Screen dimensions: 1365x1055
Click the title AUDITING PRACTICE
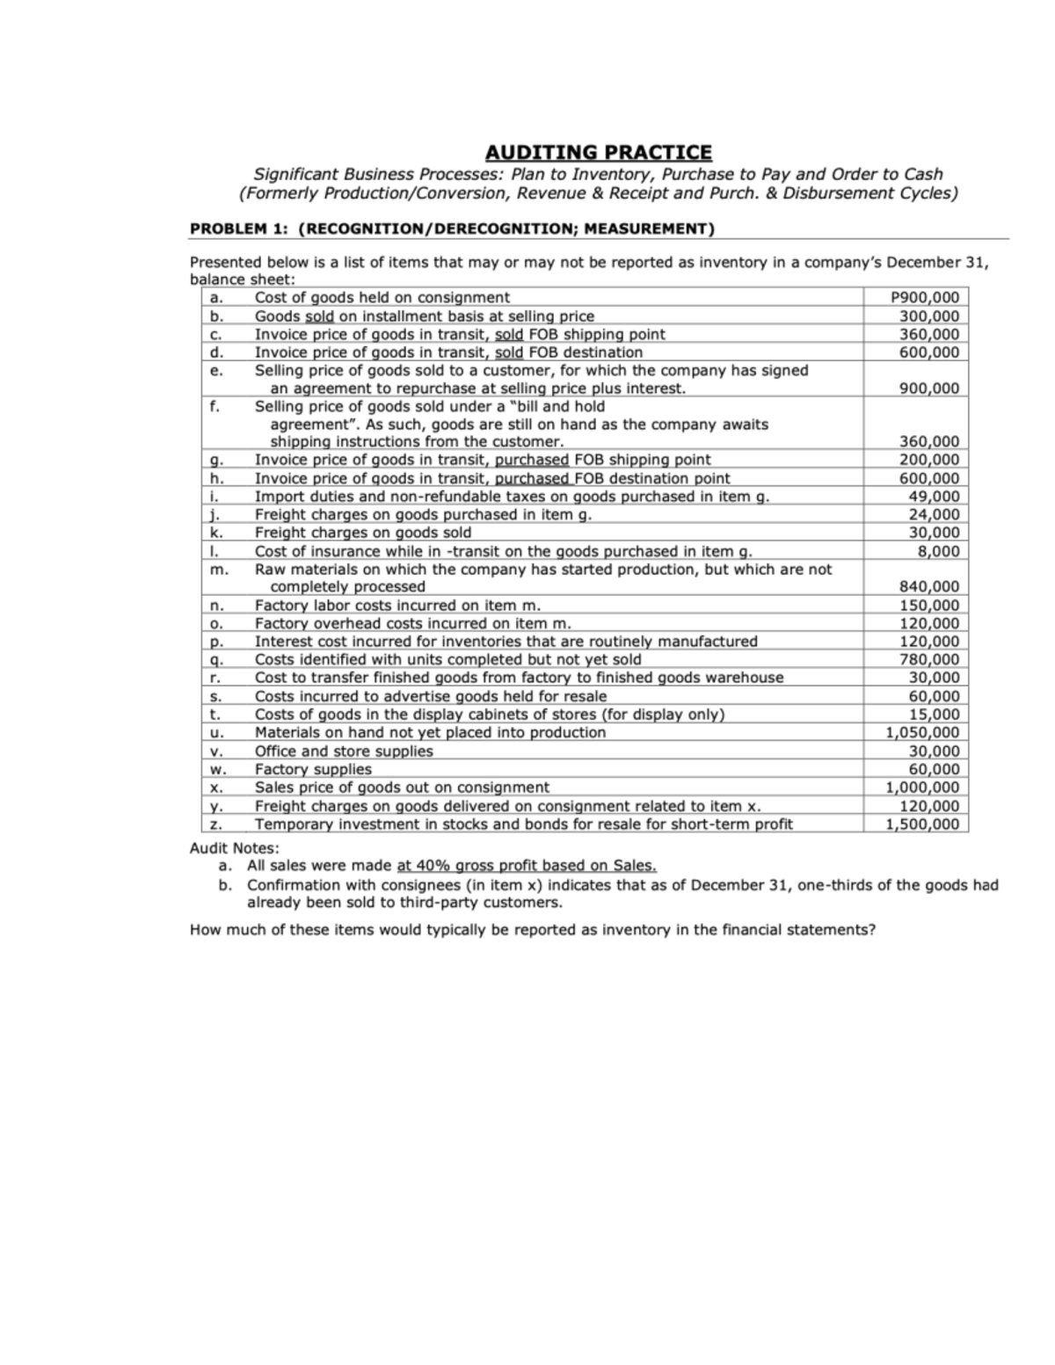pos(599,152)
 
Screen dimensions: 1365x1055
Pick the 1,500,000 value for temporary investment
pos(922,824)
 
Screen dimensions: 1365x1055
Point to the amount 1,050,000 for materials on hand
pos(922,732)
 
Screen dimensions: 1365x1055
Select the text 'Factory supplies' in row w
pos(313,769)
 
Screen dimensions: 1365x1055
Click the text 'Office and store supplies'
pos(344,751)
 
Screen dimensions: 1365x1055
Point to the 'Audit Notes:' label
pos(235,848)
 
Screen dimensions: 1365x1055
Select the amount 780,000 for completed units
pos(930,659)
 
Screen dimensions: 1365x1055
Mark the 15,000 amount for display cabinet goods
pos(934,715)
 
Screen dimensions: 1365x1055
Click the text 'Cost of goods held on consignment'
pos(382,297)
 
